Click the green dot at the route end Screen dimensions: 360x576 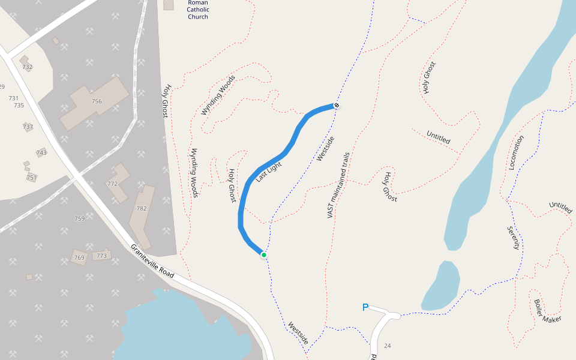[x=263, y=255]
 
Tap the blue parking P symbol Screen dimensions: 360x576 [x=365, y=308]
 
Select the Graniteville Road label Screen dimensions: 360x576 [x=152, y=261]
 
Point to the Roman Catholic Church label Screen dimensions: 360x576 [x=197, y=10]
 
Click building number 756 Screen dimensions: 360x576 [x=97, y=101]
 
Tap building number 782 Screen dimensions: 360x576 [x=142, y=209]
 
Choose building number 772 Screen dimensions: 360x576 [x=112, y=184]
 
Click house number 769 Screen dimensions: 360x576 [x=79, y=258]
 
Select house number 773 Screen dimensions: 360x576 [x=101, y=256]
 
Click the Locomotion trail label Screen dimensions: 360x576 [x=516, y=152]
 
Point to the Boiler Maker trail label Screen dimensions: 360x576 [x=547, y=311]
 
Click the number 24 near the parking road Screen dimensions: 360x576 [x=387, y=346]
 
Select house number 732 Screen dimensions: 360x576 [x=27, y=67]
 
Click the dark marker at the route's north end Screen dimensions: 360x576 [x=337, y=106]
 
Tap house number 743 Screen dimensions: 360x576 [x=41, y=153]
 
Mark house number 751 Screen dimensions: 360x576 [x=31, y=178]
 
